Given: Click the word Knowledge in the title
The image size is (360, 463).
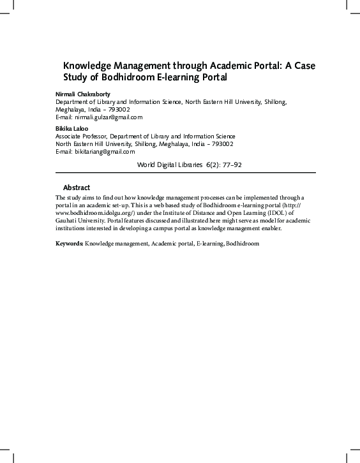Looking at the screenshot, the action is pos(87,66).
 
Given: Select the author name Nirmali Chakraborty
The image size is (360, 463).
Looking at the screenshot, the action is pos(83,94).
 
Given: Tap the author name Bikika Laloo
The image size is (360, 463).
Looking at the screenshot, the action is pos(71,128).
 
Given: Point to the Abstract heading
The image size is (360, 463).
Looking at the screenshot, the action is pos(77,187).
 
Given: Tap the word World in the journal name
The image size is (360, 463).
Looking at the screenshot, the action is pos(147,165).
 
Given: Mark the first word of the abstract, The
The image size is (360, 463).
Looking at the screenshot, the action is pos(61,198).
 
